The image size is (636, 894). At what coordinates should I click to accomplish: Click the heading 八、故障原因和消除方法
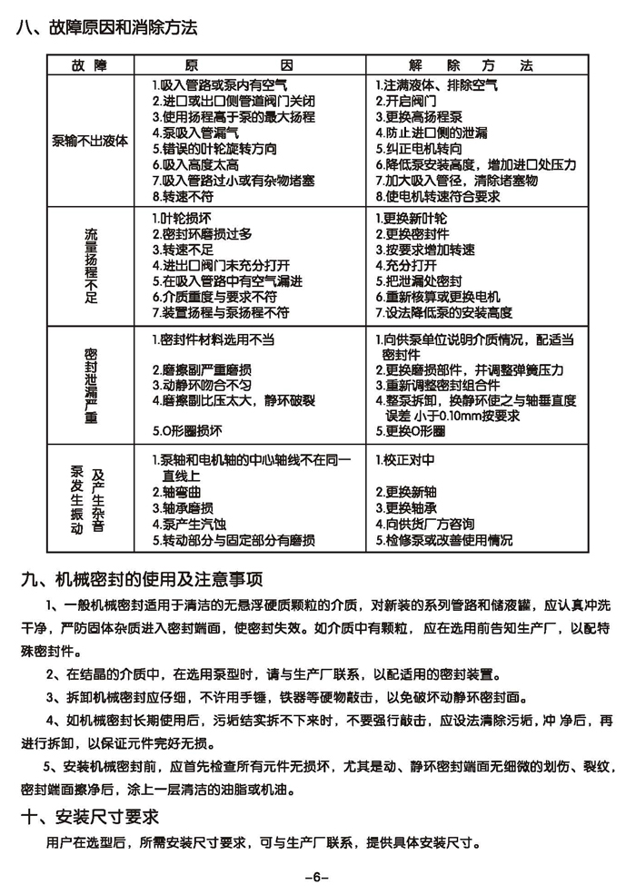pyautogui.click(x=106, y=27)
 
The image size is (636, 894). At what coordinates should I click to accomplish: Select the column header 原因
pyautogui.click(x=252, y=67)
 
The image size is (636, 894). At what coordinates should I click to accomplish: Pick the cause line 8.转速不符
pyautogui.click(x=183, y=195)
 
